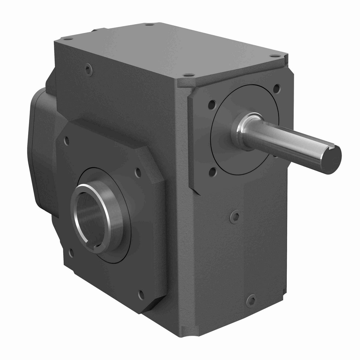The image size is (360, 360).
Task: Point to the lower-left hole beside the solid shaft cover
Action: (213, 171)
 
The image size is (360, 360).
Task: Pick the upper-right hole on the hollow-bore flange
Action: (138, 172)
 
